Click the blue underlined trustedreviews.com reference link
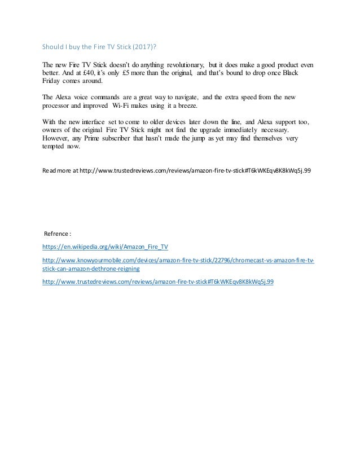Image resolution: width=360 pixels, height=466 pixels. pos(158,282)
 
